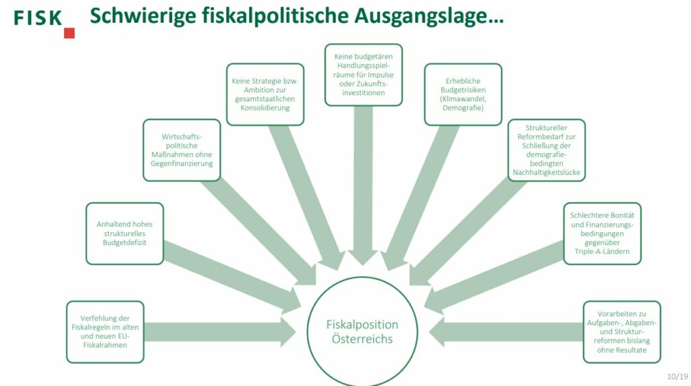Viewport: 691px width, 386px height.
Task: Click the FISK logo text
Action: (38, 18)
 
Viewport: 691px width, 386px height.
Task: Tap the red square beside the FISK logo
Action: (70, 33)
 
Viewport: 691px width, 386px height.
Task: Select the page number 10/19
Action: (678, 377)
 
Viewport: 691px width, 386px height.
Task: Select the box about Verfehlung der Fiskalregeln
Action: (105, 332)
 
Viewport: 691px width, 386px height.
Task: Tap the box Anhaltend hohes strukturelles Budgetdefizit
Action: (125, 233)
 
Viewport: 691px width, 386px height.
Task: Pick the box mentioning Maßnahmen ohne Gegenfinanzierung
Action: (182, 150)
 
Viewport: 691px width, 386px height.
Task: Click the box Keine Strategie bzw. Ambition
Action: (265, 94)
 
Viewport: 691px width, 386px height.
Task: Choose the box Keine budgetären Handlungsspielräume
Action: (364, 75)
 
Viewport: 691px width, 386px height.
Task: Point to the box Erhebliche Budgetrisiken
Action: (463, 94)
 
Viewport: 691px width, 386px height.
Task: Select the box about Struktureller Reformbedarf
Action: (547, 150)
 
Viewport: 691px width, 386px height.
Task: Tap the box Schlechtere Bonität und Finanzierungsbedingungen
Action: (603, 233)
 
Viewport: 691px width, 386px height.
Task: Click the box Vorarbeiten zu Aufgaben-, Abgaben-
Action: (621, 332)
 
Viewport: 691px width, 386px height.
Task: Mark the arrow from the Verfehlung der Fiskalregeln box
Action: (220, 332)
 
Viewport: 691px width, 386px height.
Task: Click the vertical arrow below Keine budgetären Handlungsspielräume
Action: (363, 186)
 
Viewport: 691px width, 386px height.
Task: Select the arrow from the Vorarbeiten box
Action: (506, 332)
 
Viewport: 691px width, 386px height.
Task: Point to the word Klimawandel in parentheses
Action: (463, 99)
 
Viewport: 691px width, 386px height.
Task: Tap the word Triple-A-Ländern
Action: (603, 252)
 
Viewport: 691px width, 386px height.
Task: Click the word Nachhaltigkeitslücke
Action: (547, 172)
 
